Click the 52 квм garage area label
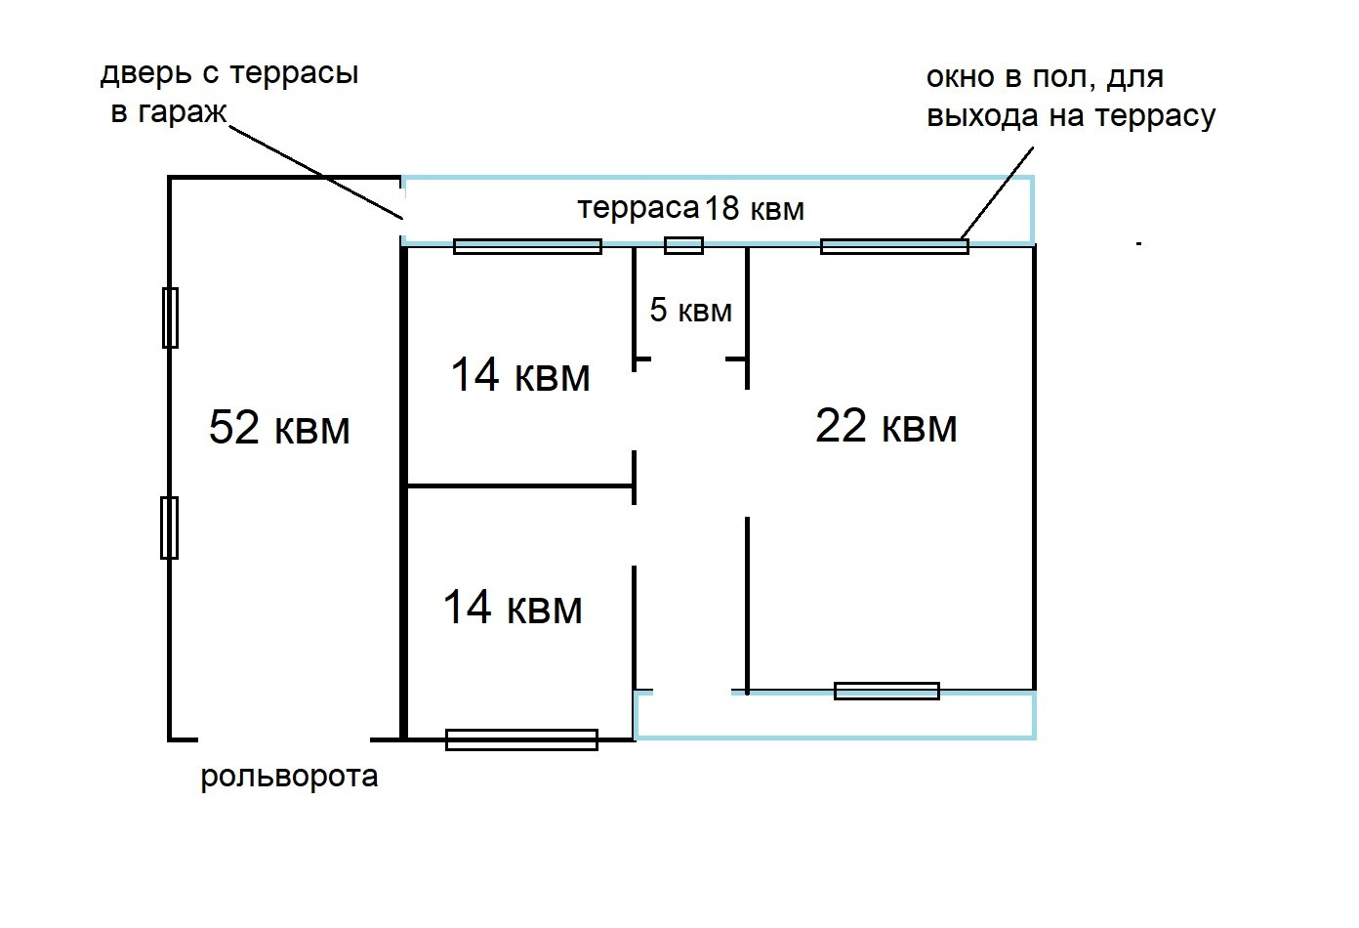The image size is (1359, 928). click(x=279, y=428)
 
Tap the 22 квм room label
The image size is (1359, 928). click(x=885, y=427)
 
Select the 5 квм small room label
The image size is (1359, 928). click(x=690, y=311)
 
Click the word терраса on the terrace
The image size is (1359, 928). click(x=638, y=208)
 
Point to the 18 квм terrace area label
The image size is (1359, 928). click(x=755, y=208)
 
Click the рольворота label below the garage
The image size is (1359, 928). click(x=289, y=778)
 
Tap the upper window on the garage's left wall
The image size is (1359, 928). click(x=170, y=317)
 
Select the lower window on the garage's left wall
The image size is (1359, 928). click(x=169, y=527)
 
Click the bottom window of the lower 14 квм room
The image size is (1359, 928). click(x=521, y=739)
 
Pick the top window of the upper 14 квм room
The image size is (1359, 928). click(x=527, y=246)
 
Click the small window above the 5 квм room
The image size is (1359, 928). click(x=683, y=245)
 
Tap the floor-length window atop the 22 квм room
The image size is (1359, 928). click(x=894, y=246)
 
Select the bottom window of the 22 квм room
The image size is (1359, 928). click(x=886, y=691)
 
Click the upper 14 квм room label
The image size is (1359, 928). click(x=520, y=375)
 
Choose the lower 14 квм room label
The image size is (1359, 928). click(x=513, y=608)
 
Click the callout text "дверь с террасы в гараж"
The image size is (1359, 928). click(x=228, y=93)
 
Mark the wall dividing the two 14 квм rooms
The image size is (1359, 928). click(x=520, y=485)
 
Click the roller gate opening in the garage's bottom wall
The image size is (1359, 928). click(x=283, y=738)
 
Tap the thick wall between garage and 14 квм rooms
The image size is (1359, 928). click(x=402, y=488)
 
